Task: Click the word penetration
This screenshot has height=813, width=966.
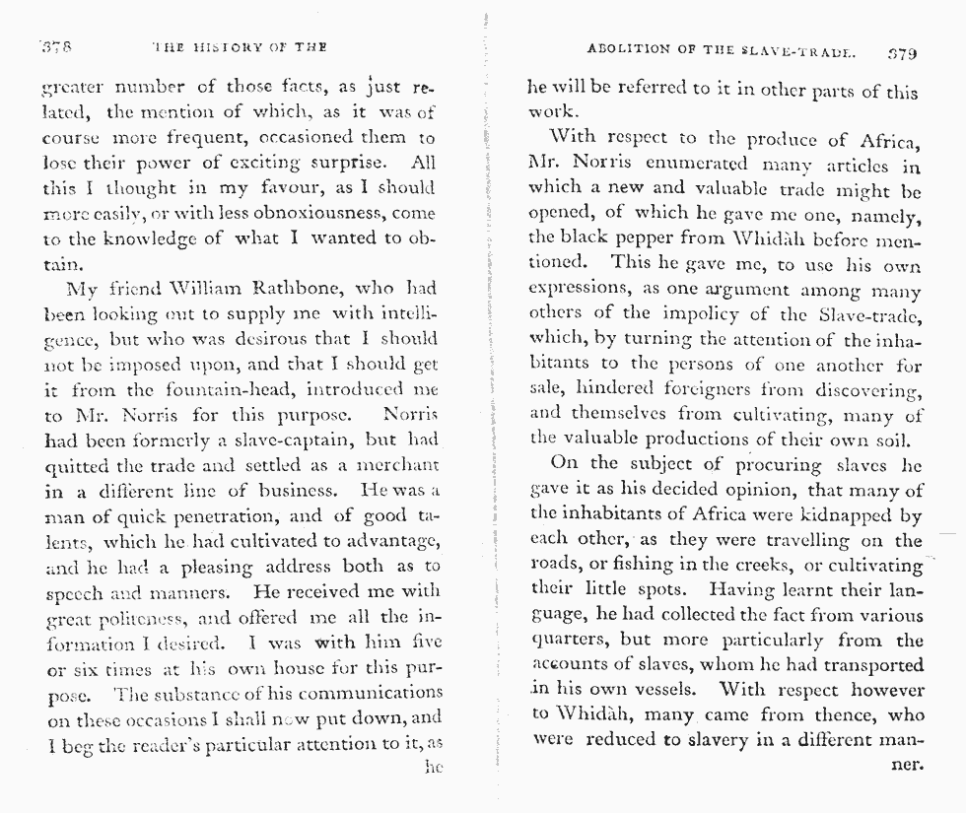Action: pyautogui.click(x=210, y=515)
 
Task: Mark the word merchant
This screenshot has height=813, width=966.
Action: pyautogui.click(x=395, y=465)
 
